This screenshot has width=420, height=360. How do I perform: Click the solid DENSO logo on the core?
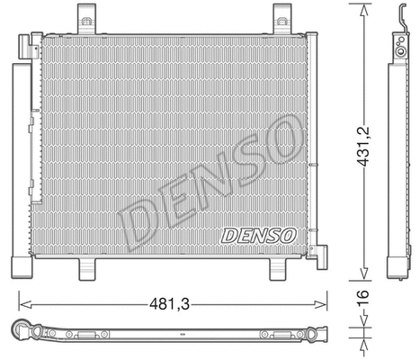click(x=257, y=236)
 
